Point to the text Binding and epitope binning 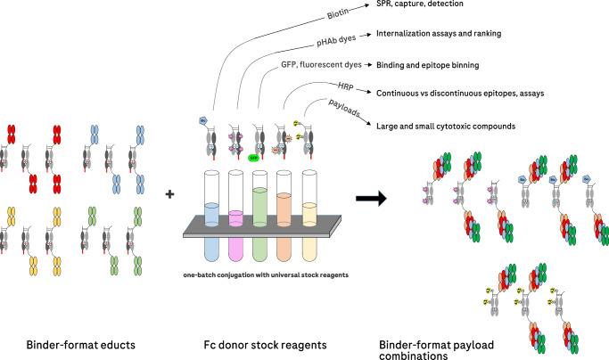[437, 65]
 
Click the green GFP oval [253, 153]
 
